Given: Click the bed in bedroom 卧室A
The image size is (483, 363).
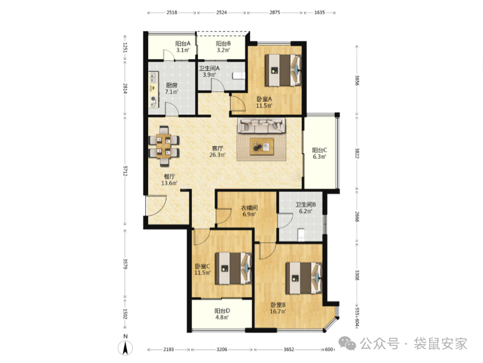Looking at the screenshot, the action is [283, 70].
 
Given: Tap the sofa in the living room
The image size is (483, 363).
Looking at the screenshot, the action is [261, 126].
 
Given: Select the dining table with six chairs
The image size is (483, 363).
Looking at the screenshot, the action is [164, 146].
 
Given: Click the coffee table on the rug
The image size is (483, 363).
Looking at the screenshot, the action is [261, 147].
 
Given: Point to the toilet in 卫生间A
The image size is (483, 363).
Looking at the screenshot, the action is [239, 76].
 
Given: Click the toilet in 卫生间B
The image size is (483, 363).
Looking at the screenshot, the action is [301, 234].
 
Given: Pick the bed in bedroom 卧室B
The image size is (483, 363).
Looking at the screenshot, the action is [303, 278].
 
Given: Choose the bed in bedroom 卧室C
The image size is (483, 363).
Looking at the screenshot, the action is [233, 268].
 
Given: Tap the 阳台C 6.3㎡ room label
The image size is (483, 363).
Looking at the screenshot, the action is [319, 153].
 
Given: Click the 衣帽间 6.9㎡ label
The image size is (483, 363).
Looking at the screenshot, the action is [249, 211].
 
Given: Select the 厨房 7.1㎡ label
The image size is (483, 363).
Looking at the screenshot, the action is [172, 88].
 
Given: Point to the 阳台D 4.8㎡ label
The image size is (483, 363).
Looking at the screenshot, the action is [222, 314].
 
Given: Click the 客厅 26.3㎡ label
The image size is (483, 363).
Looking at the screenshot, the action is [217, 152].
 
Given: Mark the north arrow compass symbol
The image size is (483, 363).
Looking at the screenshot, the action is [126, 346].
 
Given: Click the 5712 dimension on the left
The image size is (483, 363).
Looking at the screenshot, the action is [126, 171].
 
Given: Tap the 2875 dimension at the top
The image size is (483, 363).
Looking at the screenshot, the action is [275, 12].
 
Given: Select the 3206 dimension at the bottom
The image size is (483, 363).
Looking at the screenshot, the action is [222, 349].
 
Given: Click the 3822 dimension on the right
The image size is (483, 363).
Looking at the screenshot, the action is [357, 153].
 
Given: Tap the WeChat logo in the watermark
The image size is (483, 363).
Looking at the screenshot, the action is [347, 343].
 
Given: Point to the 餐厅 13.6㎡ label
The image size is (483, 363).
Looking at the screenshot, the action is [169, 180].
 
